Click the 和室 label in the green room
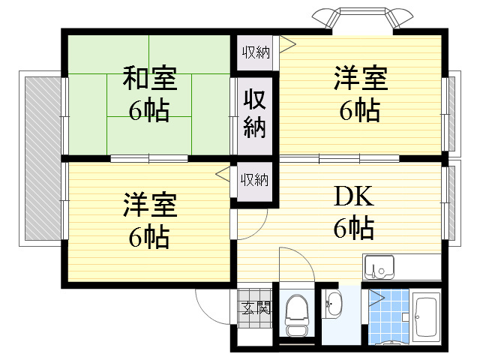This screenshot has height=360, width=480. (x=150, y=78)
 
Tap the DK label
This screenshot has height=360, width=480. (x=354, y=196)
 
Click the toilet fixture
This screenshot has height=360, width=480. (x=296, y=315)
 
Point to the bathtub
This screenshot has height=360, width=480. (x=426, y=317)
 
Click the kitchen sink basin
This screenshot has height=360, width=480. (x=378, y=267)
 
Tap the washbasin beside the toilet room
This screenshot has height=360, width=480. (x=333, y=304)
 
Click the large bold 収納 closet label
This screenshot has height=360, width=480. (x=255, y=114)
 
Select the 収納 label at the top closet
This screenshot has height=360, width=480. (x=256, y=52)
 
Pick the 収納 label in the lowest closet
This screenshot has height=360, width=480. (x=254, y=180)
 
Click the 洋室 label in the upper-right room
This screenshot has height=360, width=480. (x=361, y=78)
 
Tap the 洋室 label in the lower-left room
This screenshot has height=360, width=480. (x=150, y=205)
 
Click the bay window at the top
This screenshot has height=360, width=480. (x=362, y=18)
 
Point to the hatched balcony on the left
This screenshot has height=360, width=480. (x=43, y=158)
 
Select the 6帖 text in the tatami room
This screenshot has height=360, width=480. (x=149, y=110)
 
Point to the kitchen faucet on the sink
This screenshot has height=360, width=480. (x=374, y=270)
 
